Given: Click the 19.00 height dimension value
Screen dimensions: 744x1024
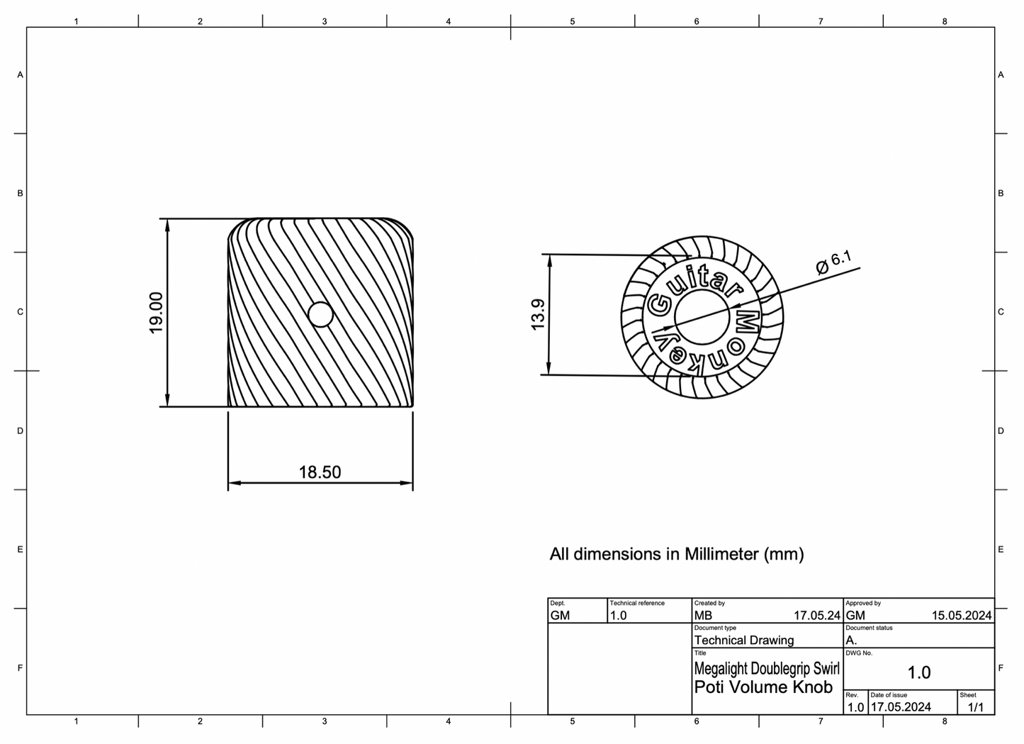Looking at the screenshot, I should pyautogui.click(x=157, y=312).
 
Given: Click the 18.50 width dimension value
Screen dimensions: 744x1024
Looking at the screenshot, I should pyautogui.click(x=320, y=472).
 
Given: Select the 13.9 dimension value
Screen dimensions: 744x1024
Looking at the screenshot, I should pyautogui.click(x=538, y=314).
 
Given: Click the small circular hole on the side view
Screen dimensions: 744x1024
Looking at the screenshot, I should pyautogui.click(x=321, y=314).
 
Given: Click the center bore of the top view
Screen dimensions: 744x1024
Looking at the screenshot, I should pyautogui.click(x=702, y=317).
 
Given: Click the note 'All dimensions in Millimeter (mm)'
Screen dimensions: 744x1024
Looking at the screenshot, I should pyautogui.click(x=676, y=554).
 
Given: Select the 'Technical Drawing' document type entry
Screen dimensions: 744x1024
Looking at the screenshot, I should pyautogui.click(x=743, y=640).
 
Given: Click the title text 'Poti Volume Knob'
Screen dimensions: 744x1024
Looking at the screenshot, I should pyautogui.click(x=763, y=687).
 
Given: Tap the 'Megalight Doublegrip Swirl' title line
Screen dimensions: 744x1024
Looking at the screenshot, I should pyautogui.click(x=766, y=668).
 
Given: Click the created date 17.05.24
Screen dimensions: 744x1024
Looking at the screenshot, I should pyautogui.click(x=816, y=616).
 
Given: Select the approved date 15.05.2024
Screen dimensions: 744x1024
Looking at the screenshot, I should pyautogui.click(x=961, y=616).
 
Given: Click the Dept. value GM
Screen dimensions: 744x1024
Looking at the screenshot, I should pyautogui.click(x=560, y=616).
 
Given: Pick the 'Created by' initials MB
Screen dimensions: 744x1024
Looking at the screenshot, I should pyautogui.click(x=703, y=616).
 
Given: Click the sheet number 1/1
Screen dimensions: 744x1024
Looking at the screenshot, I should pyautogui.click(x=975, y=707).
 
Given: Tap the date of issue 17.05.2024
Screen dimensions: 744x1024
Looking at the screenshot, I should pyautogui.click(x=900, y=707).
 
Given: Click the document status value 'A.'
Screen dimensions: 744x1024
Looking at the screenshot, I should pyautogui.click(x=851, y=640).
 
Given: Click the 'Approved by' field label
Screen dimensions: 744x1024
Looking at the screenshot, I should pyautogui.click(x=862, y=603).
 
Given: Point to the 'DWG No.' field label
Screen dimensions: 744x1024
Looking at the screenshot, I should pyautogui.click(x=859, y=653).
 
